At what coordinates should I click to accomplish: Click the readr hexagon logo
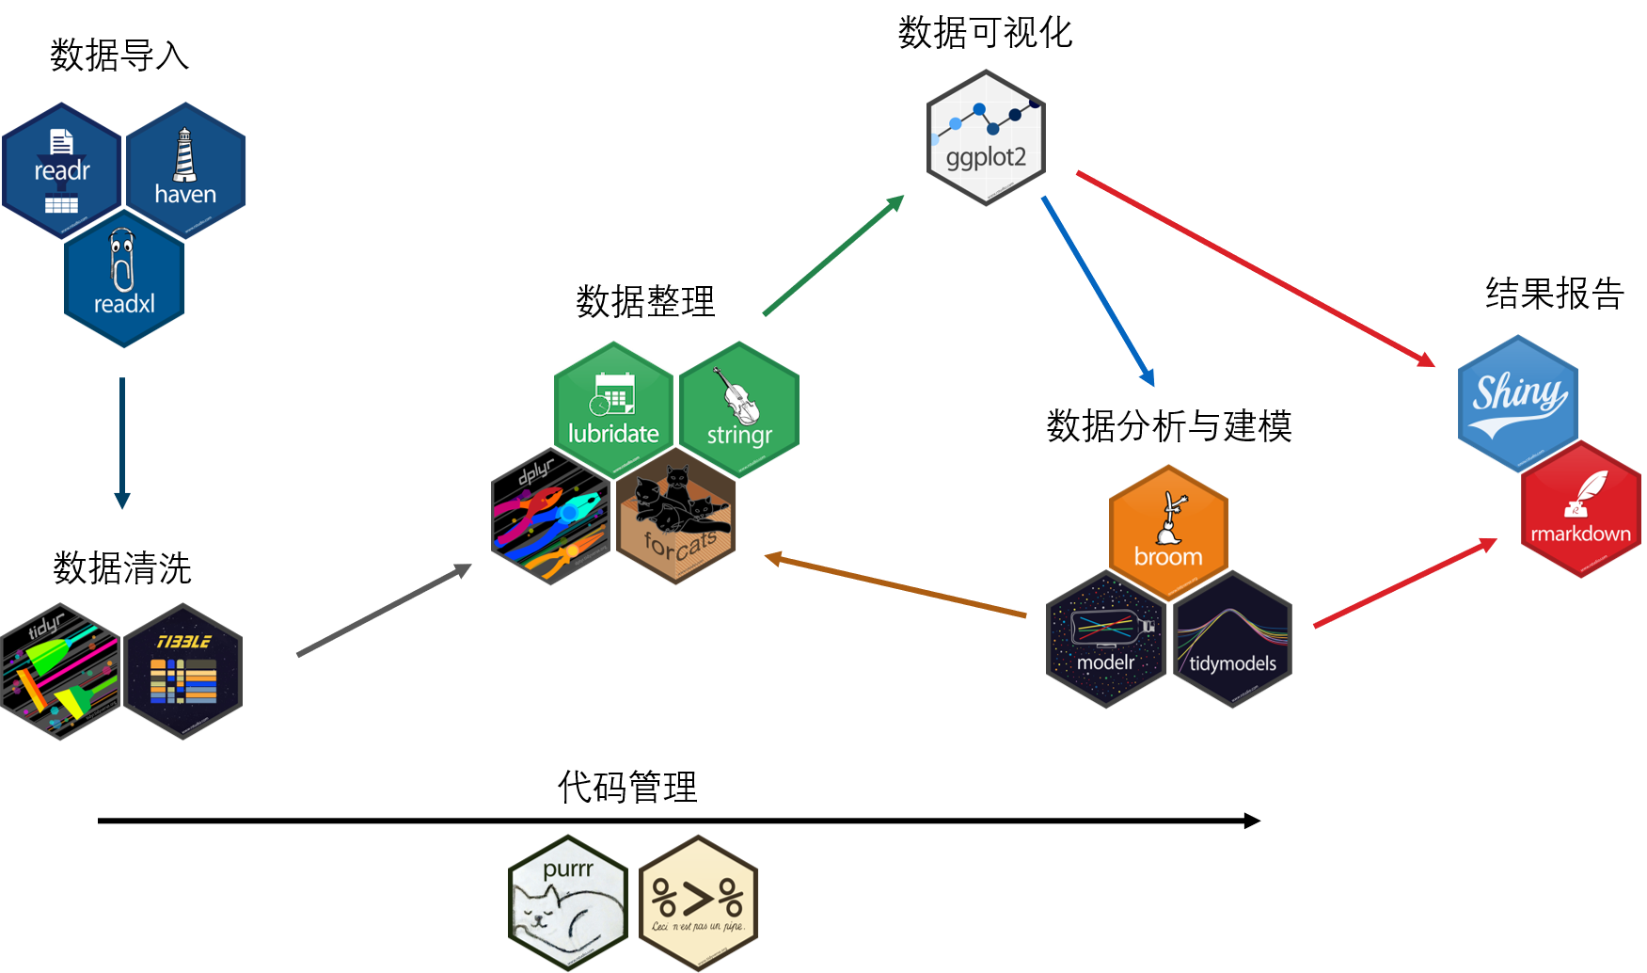click(62, 170)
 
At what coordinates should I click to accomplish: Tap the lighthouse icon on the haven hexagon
click(185, 155)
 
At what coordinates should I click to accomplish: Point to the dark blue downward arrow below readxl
click(121, 442)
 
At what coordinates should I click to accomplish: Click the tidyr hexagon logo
click(61, 672)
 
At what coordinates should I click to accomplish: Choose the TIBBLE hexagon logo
click(183, 672)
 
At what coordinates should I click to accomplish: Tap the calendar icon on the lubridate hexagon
click(613, 393)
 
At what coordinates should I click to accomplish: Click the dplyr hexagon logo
click(551, 517)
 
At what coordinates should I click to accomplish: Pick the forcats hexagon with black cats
click(676, 517)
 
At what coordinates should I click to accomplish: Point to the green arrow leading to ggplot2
click(833, 255)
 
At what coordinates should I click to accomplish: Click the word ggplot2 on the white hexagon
click(986, 157)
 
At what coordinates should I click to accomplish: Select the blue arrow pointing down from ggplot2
click(1098, 291)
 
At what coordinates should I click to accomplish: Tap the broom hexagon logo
click(1168, 533)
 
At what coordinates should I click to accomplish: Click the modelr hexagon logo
click(1106, 640)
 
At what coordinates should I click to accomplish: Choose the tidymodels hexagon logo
click(1232, 640)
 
